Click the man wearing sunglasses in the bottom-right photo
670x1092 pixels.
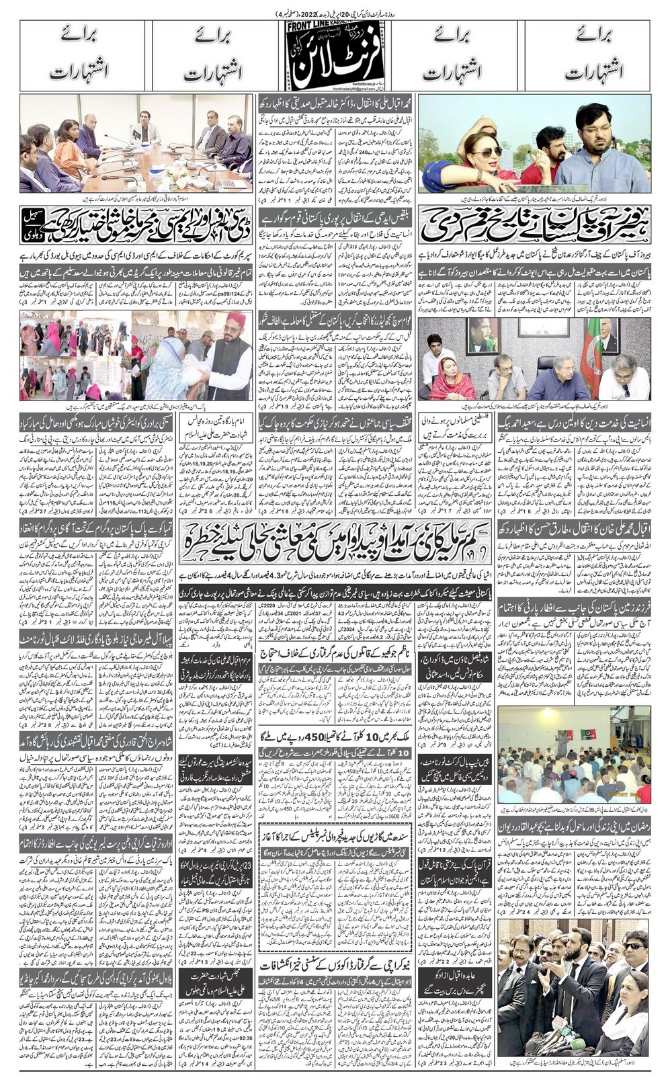pyautogui.click(x=632, y=954)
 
